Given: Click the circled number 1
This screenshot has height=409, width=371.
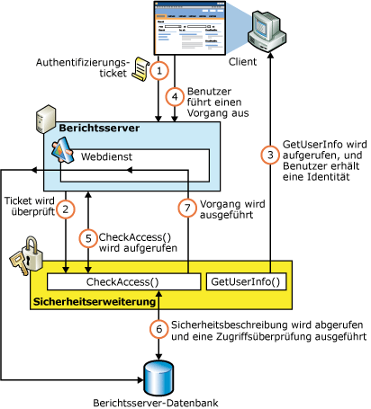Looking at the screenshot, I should (159, 69).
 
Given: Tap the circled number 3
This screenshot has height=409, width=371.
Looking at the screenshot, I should (267, 155).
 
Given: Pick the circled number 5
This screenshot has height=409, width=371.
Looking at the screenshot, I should (87, 239).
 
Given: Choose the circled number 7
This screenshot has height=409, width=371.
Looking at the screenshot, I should (186, 209).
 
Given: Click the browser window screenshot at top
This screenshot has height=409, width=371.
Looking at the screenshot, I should (190, 31).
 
